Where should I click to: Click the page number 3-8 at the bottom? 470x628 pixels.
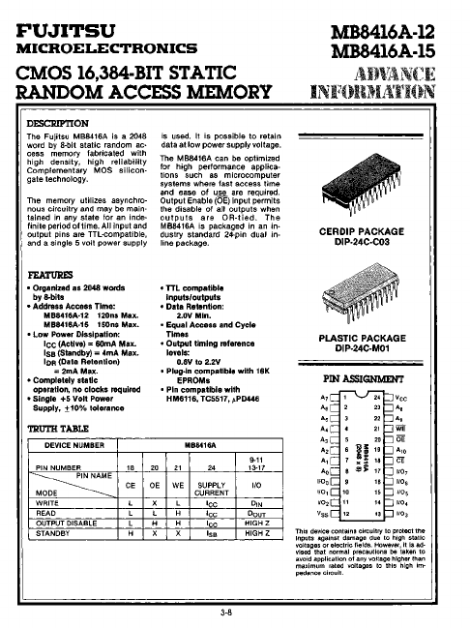225,613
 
